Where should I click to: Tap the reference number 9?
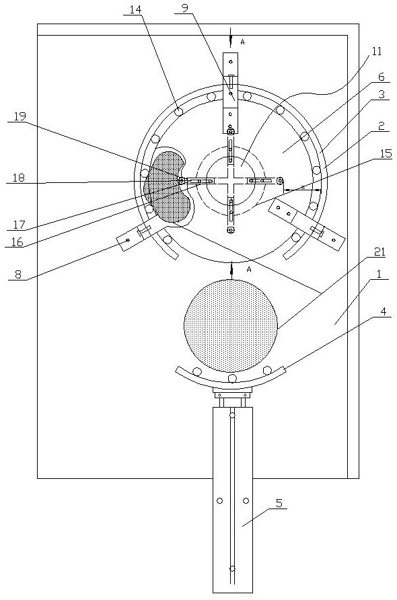(x=185, y=8)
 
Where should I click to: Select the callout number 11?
(x=377, y=51)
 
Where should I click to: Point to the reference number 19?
(x=20, y=116)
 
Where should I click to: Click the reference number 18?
(x=18, y=178)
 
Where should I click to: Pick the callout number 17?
(x=19, y=224)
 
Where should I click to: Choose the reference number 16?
(x=17, y=241)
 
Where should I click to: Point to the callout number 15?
(x=386, y=153)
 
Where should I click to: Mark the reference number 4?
(x=384, y=311)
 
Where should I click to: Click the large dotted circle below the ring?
(x=231, y=326)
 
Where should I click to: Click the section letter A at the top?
(x=242, y=42)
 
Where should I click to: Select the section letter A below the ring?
(x=249, y=269)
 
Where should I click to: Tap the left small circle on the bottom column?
(x=220, y=500)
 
